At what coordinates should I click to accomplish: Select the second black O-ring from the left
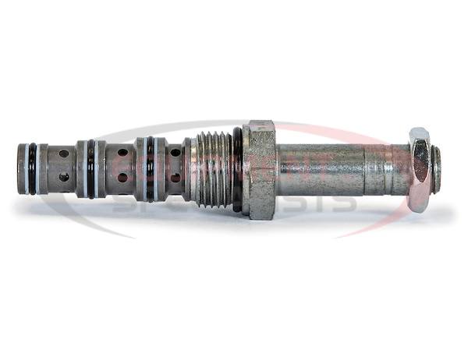91,169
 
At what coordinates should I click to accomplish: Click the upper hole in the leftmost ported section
64,154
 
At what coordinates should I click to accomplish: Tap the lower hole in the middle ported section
122,178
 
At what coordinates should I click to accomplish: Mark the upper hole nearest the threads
175,153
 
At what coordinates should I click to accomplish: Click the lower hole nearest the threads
175,178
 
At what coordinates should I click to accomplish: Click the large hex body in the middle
259,169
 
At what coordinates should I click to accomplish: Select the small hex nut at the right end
419,169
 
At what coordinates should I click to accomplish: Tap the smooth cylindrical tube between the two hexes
320,169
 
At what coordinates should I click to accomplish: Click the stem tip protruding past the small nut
436,169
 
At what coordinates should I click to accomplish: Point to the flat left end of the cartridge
19,169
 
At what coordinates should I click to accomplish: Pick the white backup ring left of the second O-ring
83,169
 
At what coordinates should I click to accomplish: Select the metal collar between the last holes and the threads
188,169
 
